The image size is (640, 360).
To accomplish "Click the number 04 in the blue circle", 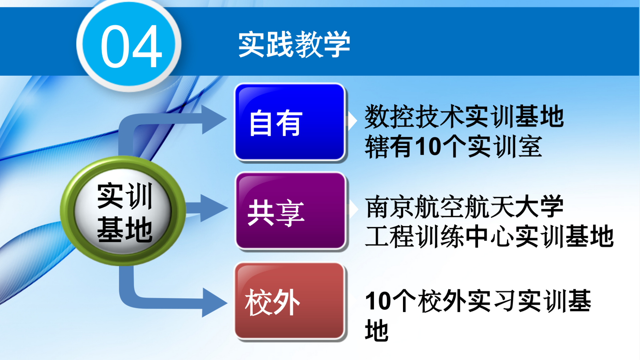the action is [x=131, y=46].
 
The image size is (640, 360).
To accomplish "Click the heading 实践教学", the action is [x=294, y=44].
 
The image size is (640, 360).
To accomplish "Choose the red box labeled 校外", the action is [x=290, y=301].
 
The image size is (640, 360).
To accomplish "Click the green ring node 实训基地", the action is [x=123, y=211].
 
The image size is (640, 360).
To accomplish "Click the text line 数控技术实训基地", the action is [x=464, y=116].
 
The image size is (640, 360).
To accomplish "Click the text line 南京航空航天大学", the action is [x=464, y=207].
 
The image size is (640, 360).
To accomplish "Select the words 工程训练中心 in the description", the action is [x=440, y=236].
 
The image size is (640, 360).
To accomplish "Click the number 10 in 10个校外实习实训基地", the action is [x=378, y=301].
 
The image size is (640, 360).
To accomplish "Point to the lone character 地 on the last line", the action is [x=377, y=330].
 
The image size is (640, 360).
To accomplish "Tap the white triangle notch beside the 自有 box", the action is [x=352, y=121].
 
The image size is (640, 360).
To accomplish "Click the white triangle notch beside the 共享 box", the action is [x=353, y=209].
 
